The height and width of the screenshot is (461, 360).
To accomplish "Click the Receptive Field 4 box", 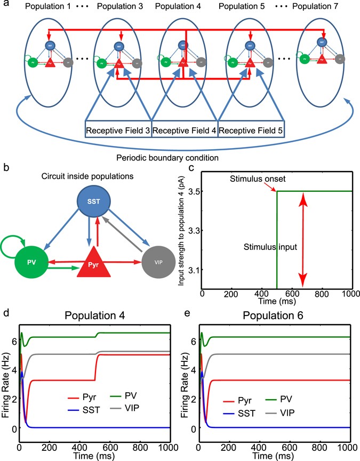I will (184, 130).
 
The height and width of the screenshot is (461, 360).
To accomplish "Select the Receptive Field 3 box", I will (118, 130).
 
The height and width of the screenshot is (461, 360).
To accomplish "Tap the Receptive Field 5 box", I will (250, 130).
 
